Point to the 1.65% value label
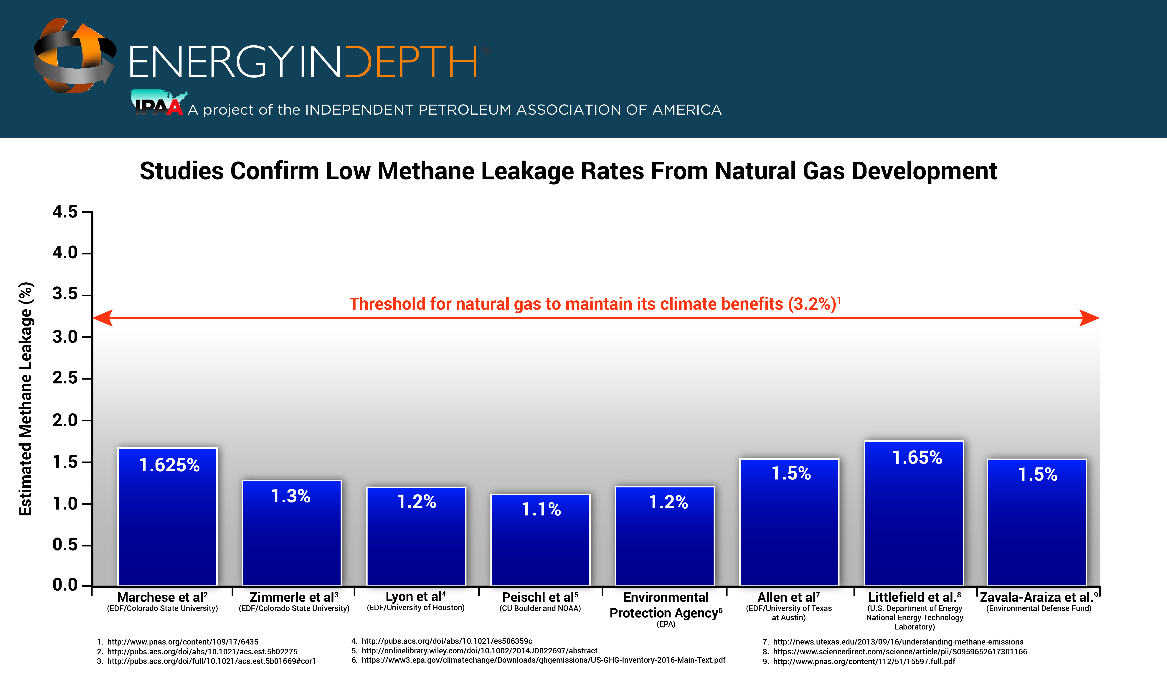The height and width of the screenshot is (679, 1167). coord(917,458)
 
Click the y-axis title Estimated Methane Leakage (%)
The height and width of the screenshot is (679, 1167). coord(26,398)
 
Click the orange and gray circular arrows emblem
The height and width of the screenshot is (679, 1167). coord(74,56)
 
